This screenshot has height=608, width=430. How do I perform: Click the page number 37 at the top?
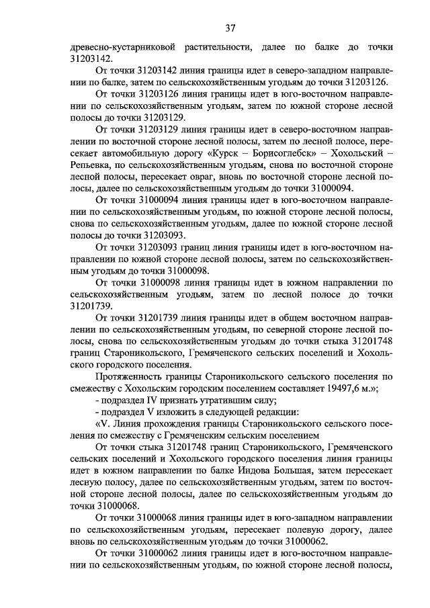[230, 28]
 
